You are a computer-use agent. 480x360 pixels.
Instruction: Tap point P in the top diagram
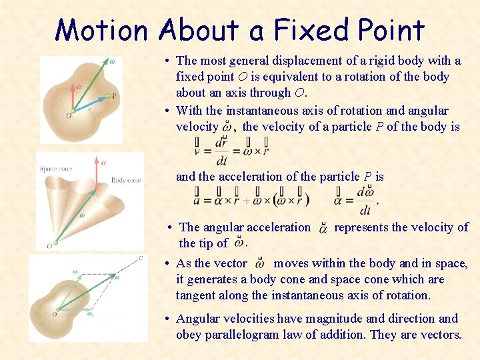tap(113, 96)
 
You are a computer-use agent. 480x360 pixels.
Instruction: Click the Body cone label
tap(125, 180)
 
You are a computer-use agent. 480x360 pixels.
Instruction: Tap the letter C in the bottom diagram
tap(141, 257)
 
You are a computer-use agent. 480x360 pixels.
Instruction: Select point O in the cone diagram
tap(49, 246)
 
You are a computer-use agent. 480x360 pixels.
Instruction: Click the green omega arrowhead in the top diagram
tap(102, 63)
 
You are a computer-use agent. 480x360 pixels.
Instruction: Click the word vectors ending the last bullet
tap(439, 334)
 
